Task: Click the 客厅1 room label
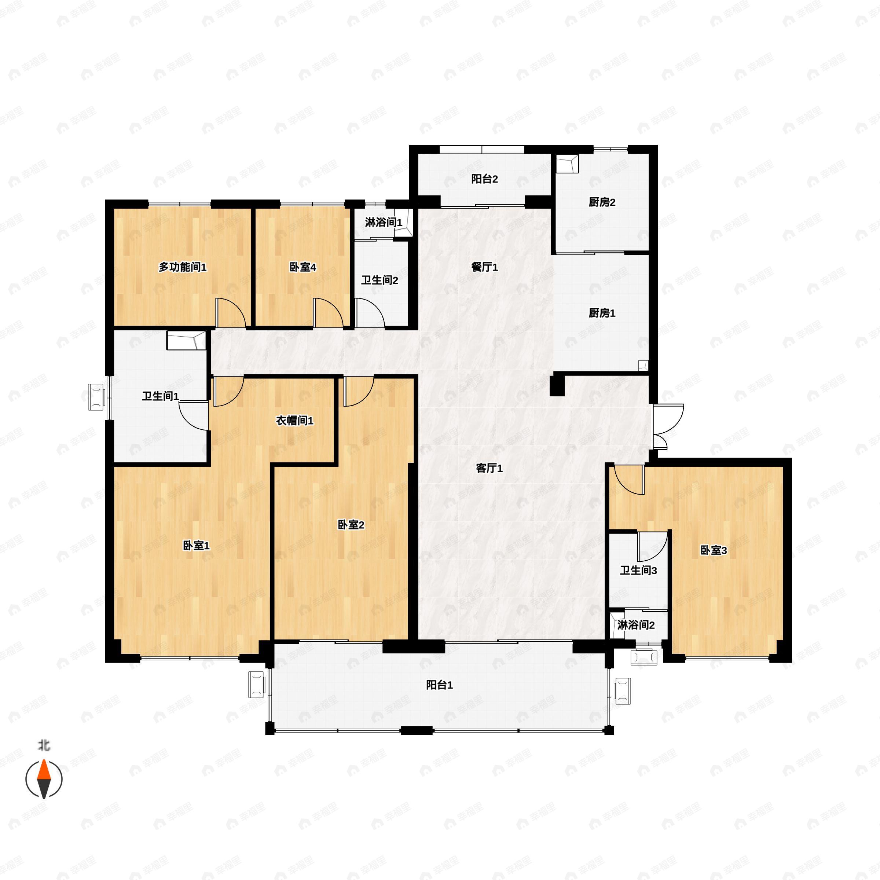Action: pos(489,468)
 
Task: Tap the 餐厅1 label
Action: pos(485,267)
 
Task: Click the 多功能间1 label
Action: pos(182,267)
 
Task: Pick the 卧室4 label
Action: pos(302,267)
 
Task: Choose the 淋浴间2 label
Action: pos(636,625)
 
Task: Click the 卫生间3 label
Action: pos(638,570)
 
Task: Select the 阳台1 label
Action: pos(439,685)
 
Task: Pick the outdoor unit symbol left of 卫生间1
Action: pos(96,397)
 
